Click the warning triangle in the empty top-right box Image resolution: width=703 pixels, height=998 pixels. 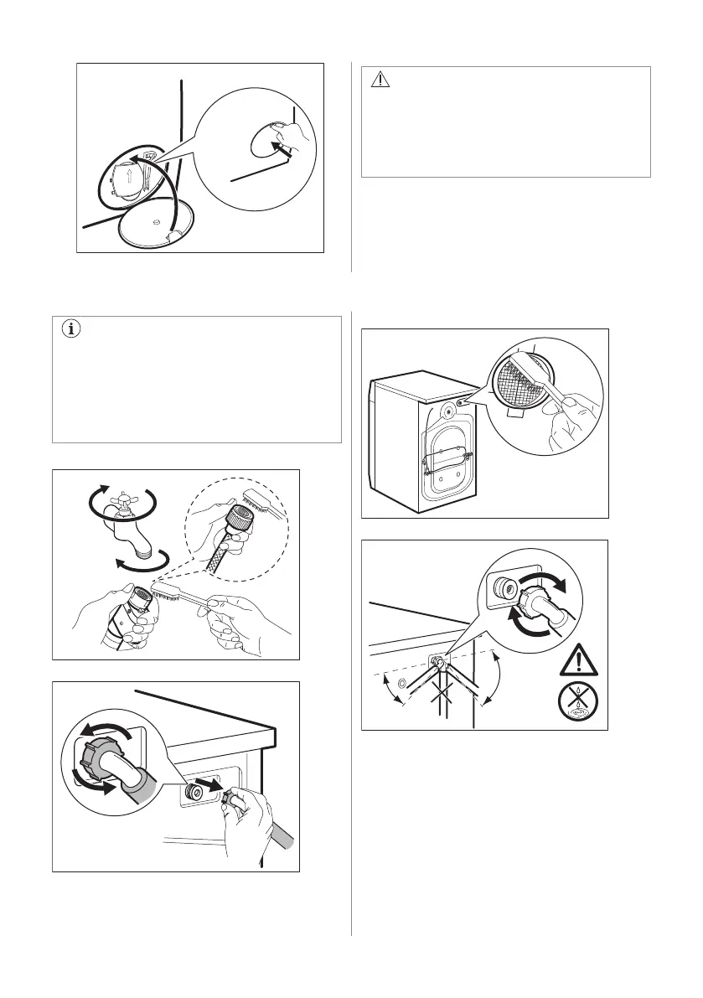(380, 80)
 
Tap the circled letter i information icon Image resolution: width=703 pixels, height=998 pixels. (71, 329)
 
